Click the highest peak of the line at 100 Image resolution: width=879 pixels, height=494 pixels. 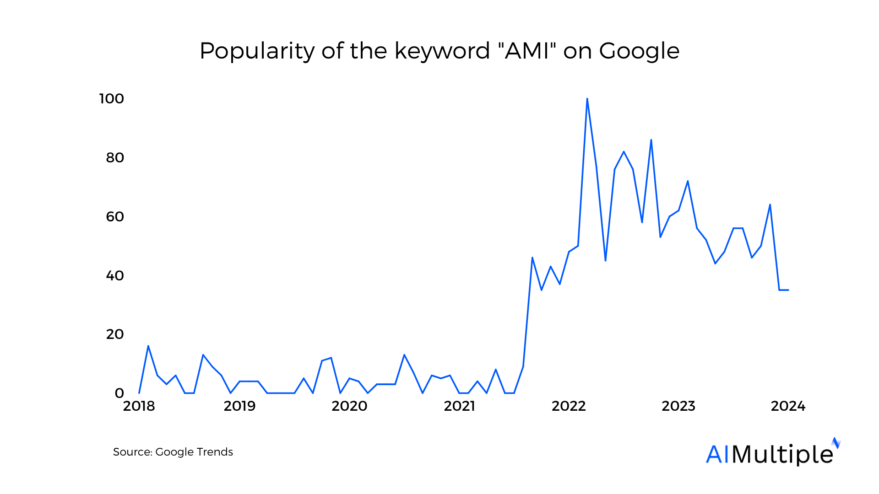pyautogui.click(x=587, y=99)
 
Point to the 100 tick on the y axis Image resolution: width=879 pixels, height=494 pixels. pyautogui.click(x=112, y=99)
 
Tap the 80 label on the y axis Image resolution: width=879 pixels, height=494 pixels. pyautogui.click(x=115, y=158)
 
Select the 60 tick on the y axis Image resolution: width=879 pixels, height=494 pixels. pyautogui.click(x=115, y=216)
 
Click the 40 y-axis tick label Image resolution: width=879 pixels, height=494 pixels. pyautogui.click(x=115, y=275)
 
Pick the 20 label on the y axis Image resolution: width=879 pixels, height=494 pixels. pyautogui.click(x=115, y=334)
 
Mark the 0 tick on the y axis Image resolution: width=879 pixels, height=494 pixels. pyautogui.click(x=119, y=393)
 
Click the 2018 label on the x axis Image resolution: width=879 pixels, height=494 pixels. pyautogui.click(x=139, y=406)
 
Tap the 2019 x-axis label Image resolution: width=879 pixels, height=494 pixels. pyautogui.click(x=239, y=406)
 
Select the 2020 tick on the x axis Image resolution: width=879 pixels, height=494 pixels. pyautogui.click(x=349, y=406)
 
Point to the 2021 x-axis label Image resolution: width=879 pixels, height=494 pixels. pyautogui.click(x=459, y=406)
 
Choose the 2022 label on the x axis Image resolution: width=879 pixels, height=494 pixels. pyautogui.click(x=569, y=406)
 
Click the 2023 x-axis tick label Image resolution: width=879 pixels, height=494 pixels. pyautogui.click(x=678, y=406)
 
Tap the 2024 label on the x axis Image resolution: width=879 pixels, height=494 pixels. pyautogui.click(x=788, y=406)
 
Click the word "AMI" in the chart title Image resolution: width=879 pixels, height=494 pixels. pyautogui.click(x=526, y=50)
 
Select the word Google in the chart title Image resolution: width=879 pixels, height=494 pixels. pyautogui.click(x=639, y=51)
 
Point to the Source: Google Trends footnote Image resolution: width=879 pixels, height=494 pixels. pyautogui.click(x=173, y=452)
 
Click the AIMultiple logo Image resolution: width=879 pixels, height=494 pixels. pyautogui.click(x=773, y=453)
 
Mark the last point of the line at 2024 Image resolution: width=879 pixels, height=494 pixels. pyautogui.click(x=788, y=290)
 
